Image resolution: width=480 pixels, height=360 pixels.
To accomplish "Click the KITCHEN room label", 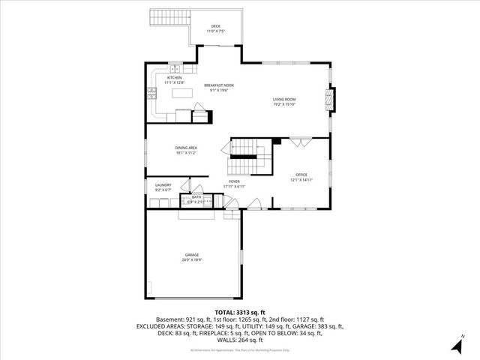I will [x=174, y=77].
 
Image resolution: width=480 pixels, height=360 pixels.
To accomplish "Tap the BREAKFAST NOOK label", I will [x=218, y=85].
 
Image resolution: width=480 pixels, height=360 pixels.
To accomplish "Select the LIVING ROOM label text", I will [x=283, y=99].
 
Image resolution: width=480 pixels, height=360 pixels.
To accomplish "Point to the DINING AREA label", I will [x=186, y=148].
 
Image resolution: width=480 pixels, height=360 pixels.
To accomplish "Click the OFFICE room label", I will [x=301, y=175].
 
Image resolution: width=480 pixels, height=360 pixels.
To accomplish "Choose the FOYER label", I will [x=235, y=181].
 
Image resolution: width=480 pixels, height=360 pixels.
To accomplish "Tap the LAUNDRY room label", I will [x=163, y=184].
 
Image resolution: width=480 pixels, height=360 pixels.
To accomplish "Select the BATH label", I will [x=196, y=197].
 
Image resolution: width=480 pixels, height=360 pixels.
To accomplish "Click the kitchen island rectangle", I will [x=181, y=93].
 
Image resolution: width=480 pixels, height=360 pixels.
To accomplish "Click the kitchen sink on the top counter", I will [x=174, y=67].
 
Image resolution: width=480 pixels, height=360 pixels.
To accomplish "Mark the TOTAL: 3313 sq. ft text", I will [x=240, y=312].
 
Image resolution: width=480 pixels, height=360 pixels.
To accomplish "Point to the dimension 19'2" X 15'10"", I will [x=283, y=104].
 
